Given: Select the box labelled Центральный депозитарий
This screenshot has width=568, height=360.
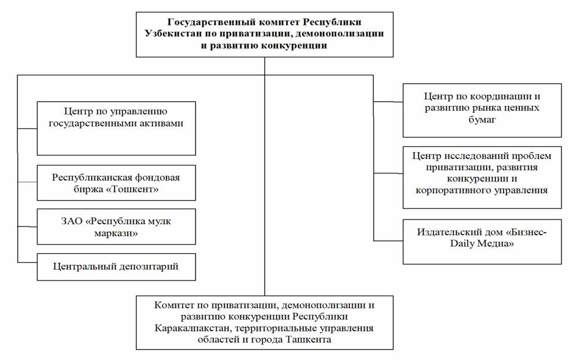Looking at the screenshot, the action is (116, 267).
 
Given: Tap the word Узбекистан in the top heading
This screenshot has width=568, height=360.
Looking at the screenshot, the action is (170, 34).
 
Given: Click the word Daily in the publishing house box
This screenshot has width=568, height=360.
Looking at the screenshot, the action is (462, 244).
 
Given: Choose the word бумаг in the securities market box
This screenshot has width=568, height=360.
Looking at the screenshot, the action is (482, 120).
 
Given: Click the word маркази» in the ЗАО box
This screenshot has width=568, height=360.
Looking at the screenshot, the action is (116, 233).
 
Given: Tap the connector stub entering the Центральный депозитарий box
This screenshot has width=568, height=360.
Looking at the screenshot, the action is (27, 262).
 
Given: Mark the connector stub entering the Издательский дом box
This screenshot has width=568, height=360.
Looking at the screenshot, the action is (388, 240).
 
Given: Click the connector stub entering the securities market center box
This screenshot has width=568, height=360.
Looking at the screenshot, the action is (388, 102).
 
